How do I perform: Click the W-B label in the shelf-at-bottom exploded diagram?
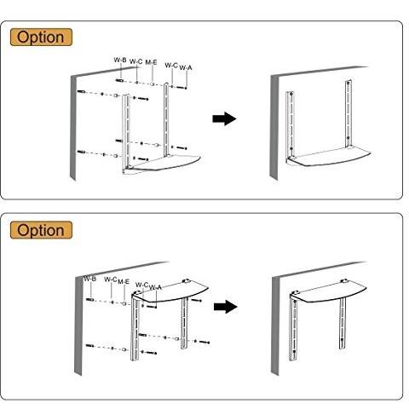(x=120, y=60)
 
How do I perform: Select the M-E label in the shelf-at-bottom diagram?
(x=151, y=62)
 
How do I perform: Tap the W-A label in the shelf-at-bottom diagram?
(x=186, y=67)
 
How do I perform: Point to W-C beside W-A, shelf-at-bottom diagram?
(x=171, y=66)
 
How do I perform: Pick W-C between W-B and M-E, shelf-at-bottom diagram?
(x=136, y=61)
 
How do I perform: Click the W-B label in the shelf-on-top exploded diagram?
(x=90, y=279)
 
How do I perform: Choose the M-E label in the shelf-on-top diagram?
(x=124, y=282)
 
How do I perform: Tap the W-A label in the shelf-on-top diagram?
(x=155, y=287)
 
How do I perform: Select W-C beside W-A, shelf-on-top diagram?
(x=142, y=285)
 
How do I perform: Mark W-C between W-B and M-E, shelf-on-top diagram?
(x=111, y=279)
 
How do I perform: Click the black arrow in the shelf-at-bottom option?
(x=224, y=118)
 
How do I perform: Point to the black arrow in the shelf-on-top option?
(x=226, y=307)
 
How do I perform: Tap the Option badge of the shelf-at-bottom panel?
(x=41, y=37)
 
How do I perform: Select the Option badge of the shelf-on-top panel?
(x=41, y=230)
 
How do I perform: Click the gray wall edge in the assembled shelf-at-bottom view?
(x=274, y=128)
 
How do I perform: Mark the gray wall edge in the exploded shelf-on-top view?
(x=78, y=326)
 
